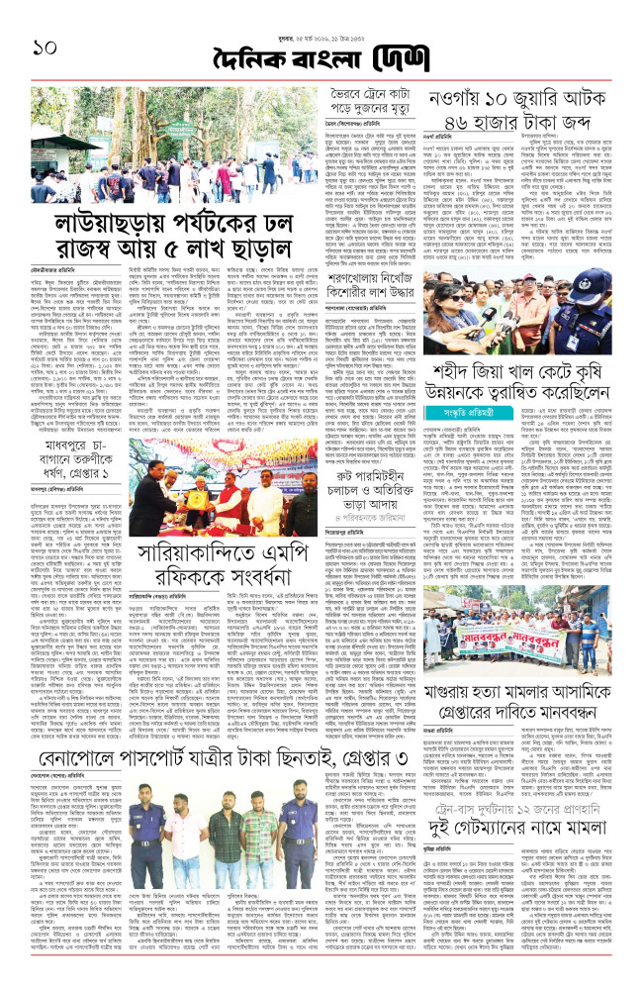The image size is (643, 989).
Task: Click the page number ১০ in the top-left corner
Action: tap(32, 46)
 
